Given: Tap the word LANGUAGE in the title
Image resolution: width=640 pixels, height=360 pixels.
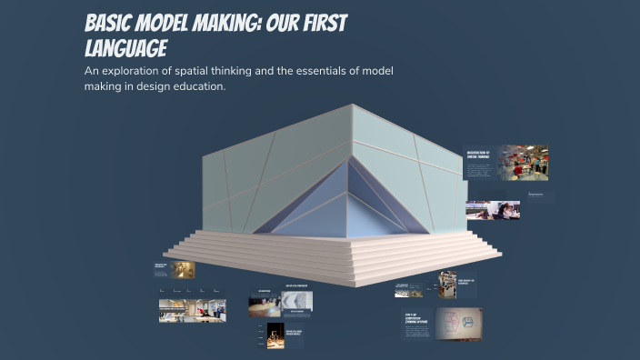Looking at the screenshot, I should click(125, 48).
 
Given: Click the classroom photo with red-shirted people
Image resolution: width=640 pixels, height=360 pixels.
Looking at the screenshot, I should click(522, 162).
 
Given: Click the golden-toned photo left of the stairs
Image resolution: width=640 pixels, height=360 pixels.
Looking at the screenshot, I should click(184, 270).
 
